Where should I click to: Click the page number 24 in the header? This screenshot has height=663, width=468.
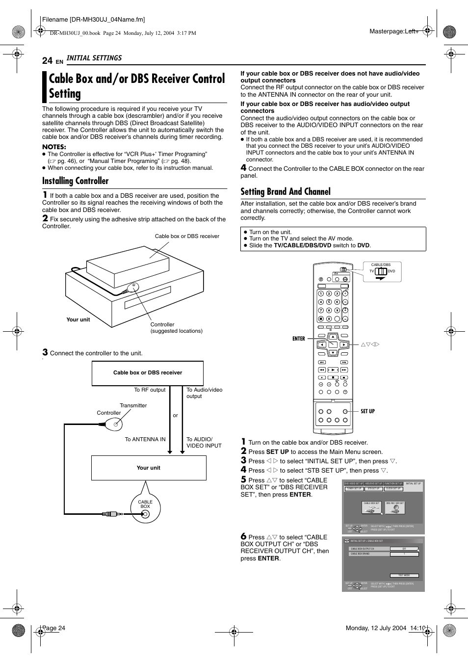tap(47, 60)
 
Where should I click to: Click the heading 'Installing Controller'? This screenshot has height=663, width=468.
tap(75, 181)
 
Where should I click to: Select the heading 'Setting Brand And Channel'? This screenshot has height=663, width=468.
tap(285, 192)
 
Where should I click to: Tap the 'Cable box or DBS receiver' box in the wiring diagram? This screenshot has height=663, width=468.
tap(147, 373)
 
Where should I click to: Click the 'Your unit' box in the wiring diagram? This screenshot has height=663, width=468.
tap(148, 468)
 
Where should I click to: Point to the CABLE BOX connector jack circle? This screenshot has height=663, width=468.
tap(145, 514)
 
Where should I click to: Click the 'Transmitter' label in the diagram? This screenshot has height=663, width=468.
tap(133, 405)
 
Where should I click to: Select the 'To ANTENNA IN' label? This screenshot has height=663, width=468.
tap(145, 439)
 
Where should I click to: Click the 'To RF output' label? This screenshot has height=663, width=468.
tap(150, 390)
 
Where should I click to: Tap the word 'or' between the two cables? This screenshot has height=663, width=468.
tap(175, 415)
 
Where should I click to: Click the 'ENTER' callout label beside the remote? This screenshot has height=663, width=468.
tap(298, 339)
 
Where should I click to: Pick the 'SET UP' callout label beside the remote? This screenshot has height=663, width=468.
tap(367, 411)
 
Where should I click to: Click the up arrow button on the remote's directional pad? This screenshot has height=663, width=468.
tap(333, 337)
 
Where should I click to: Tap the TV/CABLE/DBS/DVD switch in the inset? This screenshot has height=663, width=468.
tap(381, 271)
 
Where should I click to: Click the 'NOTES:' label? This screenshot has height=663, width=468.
tap(54, 147)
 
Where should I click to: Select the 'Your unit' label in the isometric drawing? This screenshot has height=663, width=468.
tap(78, 319)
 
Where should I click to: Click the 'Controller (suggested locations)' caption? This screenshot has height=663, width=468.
tap(176, 328)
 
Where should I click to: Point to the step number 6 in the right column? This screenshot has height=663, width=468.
tap(243, 536)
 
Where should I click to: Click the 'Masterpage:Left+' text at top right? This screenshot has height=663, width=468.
tap(393, 31)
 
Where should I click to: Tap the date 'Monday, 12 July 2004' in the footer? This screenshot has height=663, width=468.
tap(376, 628)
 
